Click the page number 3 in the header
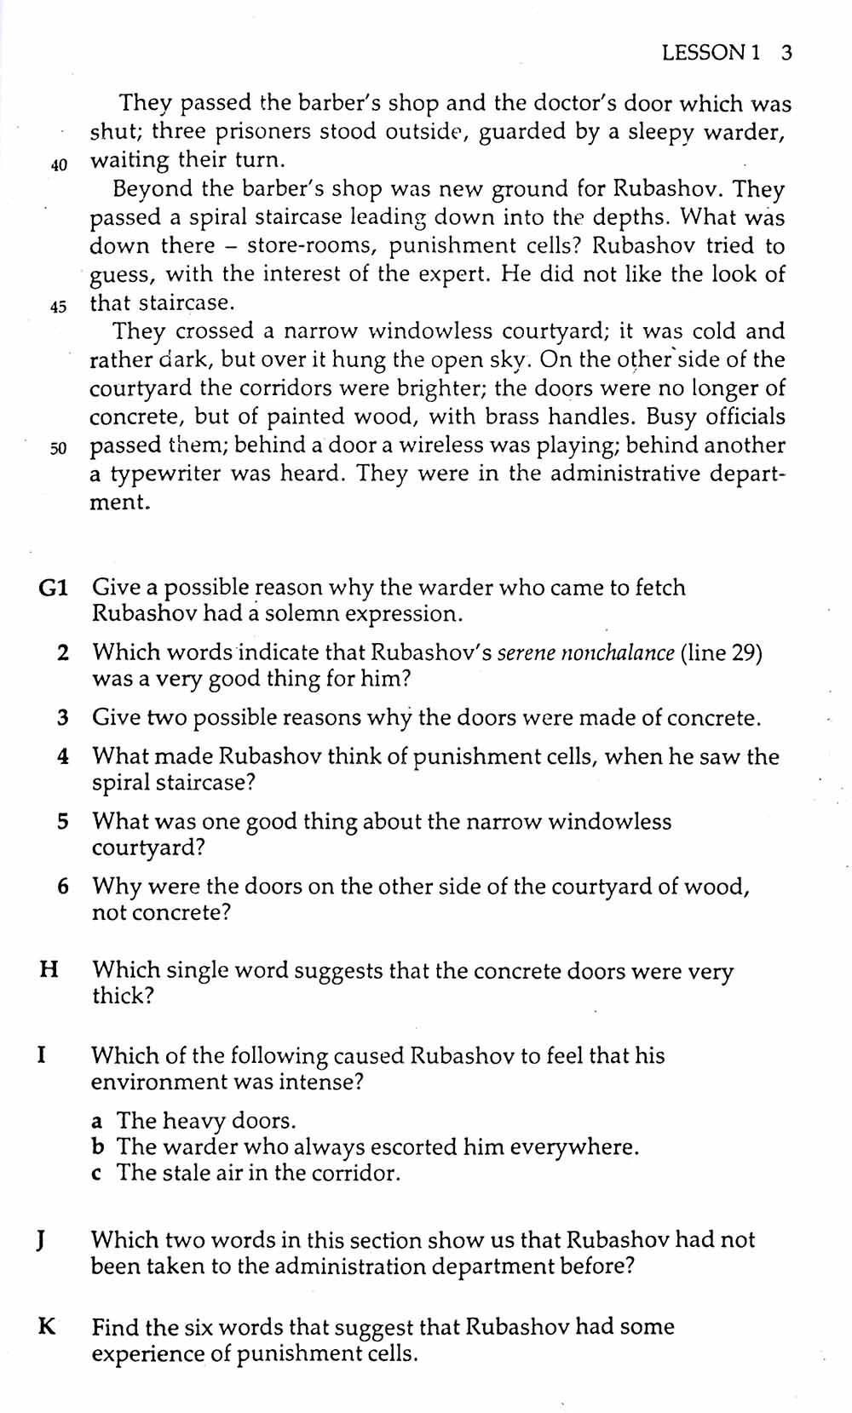pyautogui.click(x=786, y=53)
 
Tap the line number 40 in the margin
pyautogui.click(x=59, y=165)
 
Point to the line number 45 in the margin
pyautogui.click(x=59, y=307)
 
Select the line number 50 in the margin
pyautogui.click(x=59, y=449)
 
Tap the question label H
pyautogui.click(x=49, y=969)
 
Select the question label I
pyautogui.click(x=42, y=1055)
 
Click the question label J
pyautogui.click(x=41, y=1240)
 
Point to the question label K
pyautogui.click(x=47, y=1327)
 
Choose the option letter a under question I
pyautogui.click(x=98, y=1121)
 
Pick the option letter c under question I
pyautogui.click(x=97, y=1174)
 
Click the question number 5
pyautogui.click(x=63, y=822)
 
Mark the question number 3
pyautogui.click(x=63, y=718)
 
